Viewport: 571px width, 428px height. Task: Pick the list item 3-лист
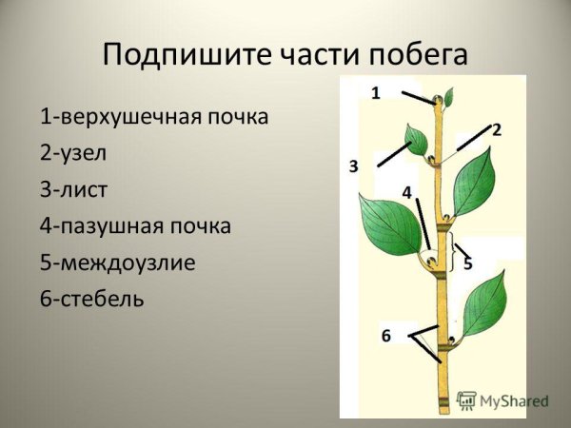[x=74, y=189]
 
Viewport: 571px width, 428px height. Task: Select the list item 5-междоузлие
[x=118, y=262]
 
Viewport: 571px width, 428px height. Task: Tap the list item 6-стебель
[x=92, y=299]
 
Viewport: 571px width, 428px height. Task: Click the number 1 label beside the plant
[x=375, y=92]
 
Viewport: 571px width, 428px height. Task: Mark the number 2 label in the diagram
[x=496, y=129]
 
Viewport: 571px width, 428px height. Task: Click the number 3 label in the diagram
[x=353, y=166]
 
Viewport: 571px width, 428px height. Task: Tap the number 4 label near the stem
[x=406, y=192]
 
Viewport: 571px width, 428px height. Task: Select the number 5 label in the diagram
[x=467, y=263]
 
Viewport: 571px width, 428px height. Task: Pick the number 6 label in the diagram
[x=385, y=335]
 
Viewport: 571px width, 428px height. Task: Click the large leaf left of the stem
[x=391, y=226]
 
